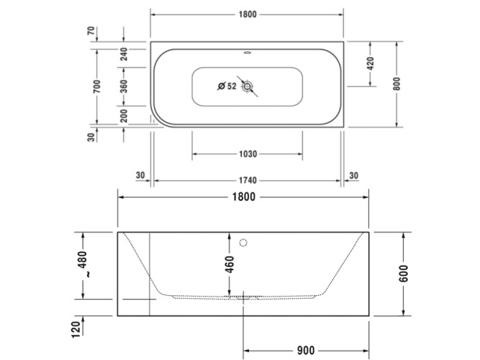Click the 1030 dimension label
pos(247,154)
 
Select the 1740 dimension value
pos(247,181)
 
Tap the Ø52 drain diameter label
pos(227,87)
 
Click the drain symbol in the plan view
pos(248,87)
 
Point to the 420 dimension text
pos(371,63)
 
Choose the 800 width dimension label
pos(397,84)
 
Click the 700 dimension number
pos(96,87)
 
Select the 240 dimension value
pos(123,54)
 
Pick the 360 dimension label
pos(123,87)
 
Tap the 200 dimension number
pos(123,116)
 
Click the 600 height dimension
pos(404,274)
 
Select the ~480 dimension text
pos(83,264)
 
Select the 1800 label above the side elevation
pos(243,197)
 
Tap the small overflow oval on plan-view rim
pos(248,52)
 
